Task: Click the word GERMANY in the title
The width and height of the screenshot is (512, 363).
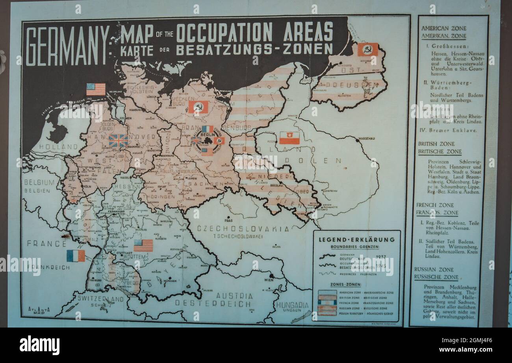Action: click(67, 46)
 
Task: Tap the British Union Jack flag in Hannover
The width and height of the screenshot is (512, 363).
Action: click(118, 141)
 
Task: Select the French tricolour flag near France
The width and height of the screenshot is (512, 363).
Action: click(76, 256)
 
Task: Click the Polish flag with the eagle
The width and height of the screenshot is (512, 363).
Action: click(289, 138)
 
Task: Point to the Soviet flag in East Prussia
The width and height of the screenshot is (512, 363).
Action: click(367, 50)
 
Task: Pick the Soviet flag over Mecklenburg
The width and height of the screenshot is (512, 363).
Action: click(198, 107)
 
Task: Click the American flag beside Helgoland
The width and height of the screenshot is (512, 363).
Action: click(96, 89)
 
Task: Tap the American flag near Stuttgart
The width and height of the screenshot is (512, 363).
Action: click(143, 245)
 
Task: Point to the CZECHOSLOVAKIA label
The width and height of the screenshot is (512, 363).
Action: click(243, 229)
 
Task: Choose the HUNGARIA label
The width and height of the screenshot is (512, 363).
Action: click(292, 305)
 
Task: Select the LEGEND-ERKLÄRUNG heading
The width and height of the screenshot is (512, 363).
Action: click(356, 239)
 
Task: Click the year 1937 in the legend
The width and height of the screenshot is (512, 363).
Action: click(381, 256)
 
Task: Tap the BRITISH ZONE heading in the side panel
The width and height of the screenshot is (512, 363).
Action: click(436, 144)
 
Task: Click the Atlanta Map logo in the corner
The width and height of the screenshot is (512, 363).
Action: click(39, 311)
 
